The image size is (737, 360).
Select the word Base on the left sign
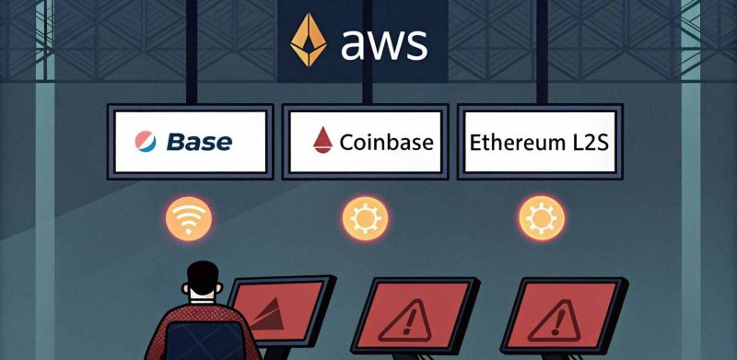pos(199,142)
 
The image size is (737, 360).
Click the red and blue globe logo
pos(146,142)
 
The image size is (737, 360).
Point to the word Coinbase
pos(386,142)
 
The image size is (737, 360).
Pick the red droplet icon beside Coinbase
pos(322,141)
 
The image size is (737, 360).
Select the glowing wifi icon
pos(189,219)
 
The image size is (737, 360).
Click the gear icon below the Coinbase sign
pos(365,218)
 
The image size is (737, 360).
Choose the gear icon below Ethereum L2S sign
pos(542,218)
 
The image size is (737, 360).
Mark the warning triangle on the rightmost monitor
pos(556,321)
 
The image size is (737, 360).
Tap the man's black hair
pos(203,277)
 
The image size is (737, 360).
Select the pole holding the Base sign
pos(192,52)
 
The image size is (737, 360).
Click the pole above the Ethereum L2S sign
pos(542,52)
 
